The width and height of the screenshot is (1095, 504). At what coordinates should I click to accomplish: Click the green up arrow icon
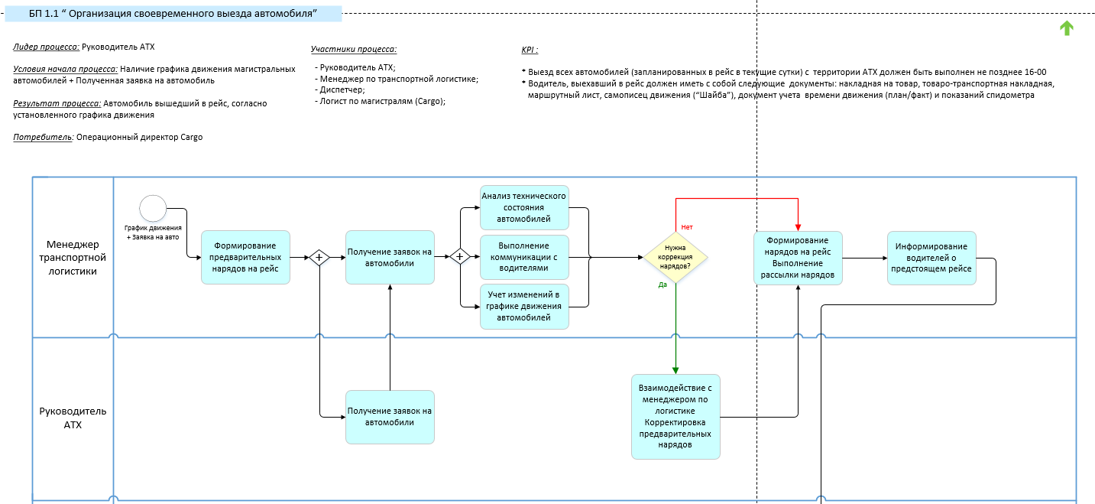coord(1066,28)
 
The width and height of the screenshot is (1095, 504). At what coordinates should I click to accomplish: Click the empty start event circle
coord(153,209)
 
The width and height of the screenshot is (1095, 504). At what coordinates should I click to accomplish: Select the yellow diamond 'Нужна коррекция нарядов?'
coord(675,258)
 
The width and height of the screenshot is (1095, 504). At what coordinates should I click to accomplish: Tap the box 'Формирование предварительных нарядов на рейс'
coord(245,258)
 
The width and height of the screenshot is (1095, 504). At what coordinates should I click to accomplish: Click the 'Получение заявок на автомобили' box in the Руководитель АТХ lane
coord(390,417)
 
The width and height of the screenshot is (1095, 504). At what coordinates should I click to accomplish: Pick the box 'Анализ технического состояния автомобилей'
coord(524,207)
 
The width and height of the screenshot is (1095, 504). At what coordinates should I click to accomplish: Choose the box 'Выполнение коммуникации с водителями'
coord(524,257)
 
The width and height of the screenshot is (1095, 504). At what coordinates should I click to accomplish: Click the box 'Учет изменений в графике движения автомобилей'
coord(524,307)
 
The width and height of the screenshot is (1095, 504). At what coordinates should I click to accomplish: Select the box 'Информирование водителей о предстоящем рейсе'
coord(931,258)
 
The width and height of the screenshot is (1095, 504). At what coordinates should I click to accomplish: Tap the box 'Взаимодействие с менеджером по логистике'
coord(675,416)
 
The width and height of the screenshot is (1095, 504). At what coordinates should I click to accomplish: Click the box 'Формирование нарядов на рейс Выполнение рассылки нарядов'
coord(798,258)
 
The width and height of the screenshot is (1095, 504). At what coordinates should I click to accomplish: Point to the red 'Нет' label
coord(687,227)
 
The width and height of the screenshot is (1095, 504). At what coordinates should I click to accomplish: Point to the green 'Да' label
coord(663,285)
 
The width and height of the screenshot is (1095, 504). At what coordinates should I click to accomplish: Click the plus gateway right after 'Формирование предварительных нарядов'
coord(319,258)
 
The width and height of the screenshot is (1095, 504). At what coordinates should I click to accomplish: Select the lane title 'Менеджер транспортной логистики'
coord(73,258)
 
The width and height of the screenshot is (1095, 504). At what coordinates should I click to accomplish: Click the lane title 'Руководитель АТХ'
coord(73,418)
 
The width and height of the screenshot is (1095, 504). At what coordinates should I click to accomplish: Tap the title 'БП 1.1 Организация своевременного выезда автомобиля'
coord(173,14)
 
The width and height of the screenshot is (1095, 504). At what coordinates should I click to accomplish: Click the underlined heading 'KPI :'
coord(530,50)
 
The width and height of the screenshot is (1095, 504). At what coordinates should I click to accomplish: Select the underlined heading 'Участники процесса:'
coord(354,50)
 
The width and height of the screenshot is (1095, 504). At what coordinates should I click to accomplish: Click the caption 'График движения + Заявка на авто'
coord(153,232)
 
